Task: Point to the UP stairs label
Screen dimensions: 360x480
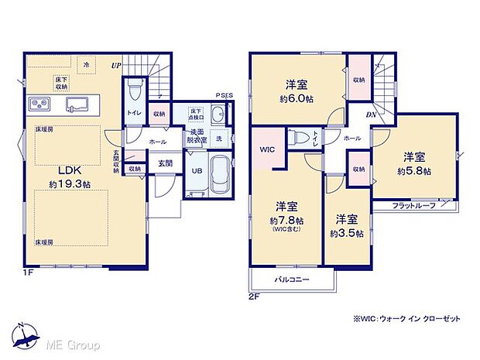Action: click(x=116, y=65)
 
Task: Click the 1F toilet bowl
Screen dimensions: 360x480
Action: click(x=135, y=91)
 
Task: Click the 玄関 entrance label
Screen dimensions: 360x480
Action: click(x=166, y=163)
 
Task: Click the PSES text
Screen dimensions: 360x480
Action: click(x=223, y=98)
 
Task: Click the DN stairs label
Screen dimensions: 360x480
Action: click(x=371, y=115)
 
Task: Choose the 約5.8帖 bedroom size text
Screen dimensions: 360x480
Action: click(x=414, y=171)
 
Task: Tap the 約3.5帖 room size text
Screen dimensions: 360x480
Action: click(x=346, y=233)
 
